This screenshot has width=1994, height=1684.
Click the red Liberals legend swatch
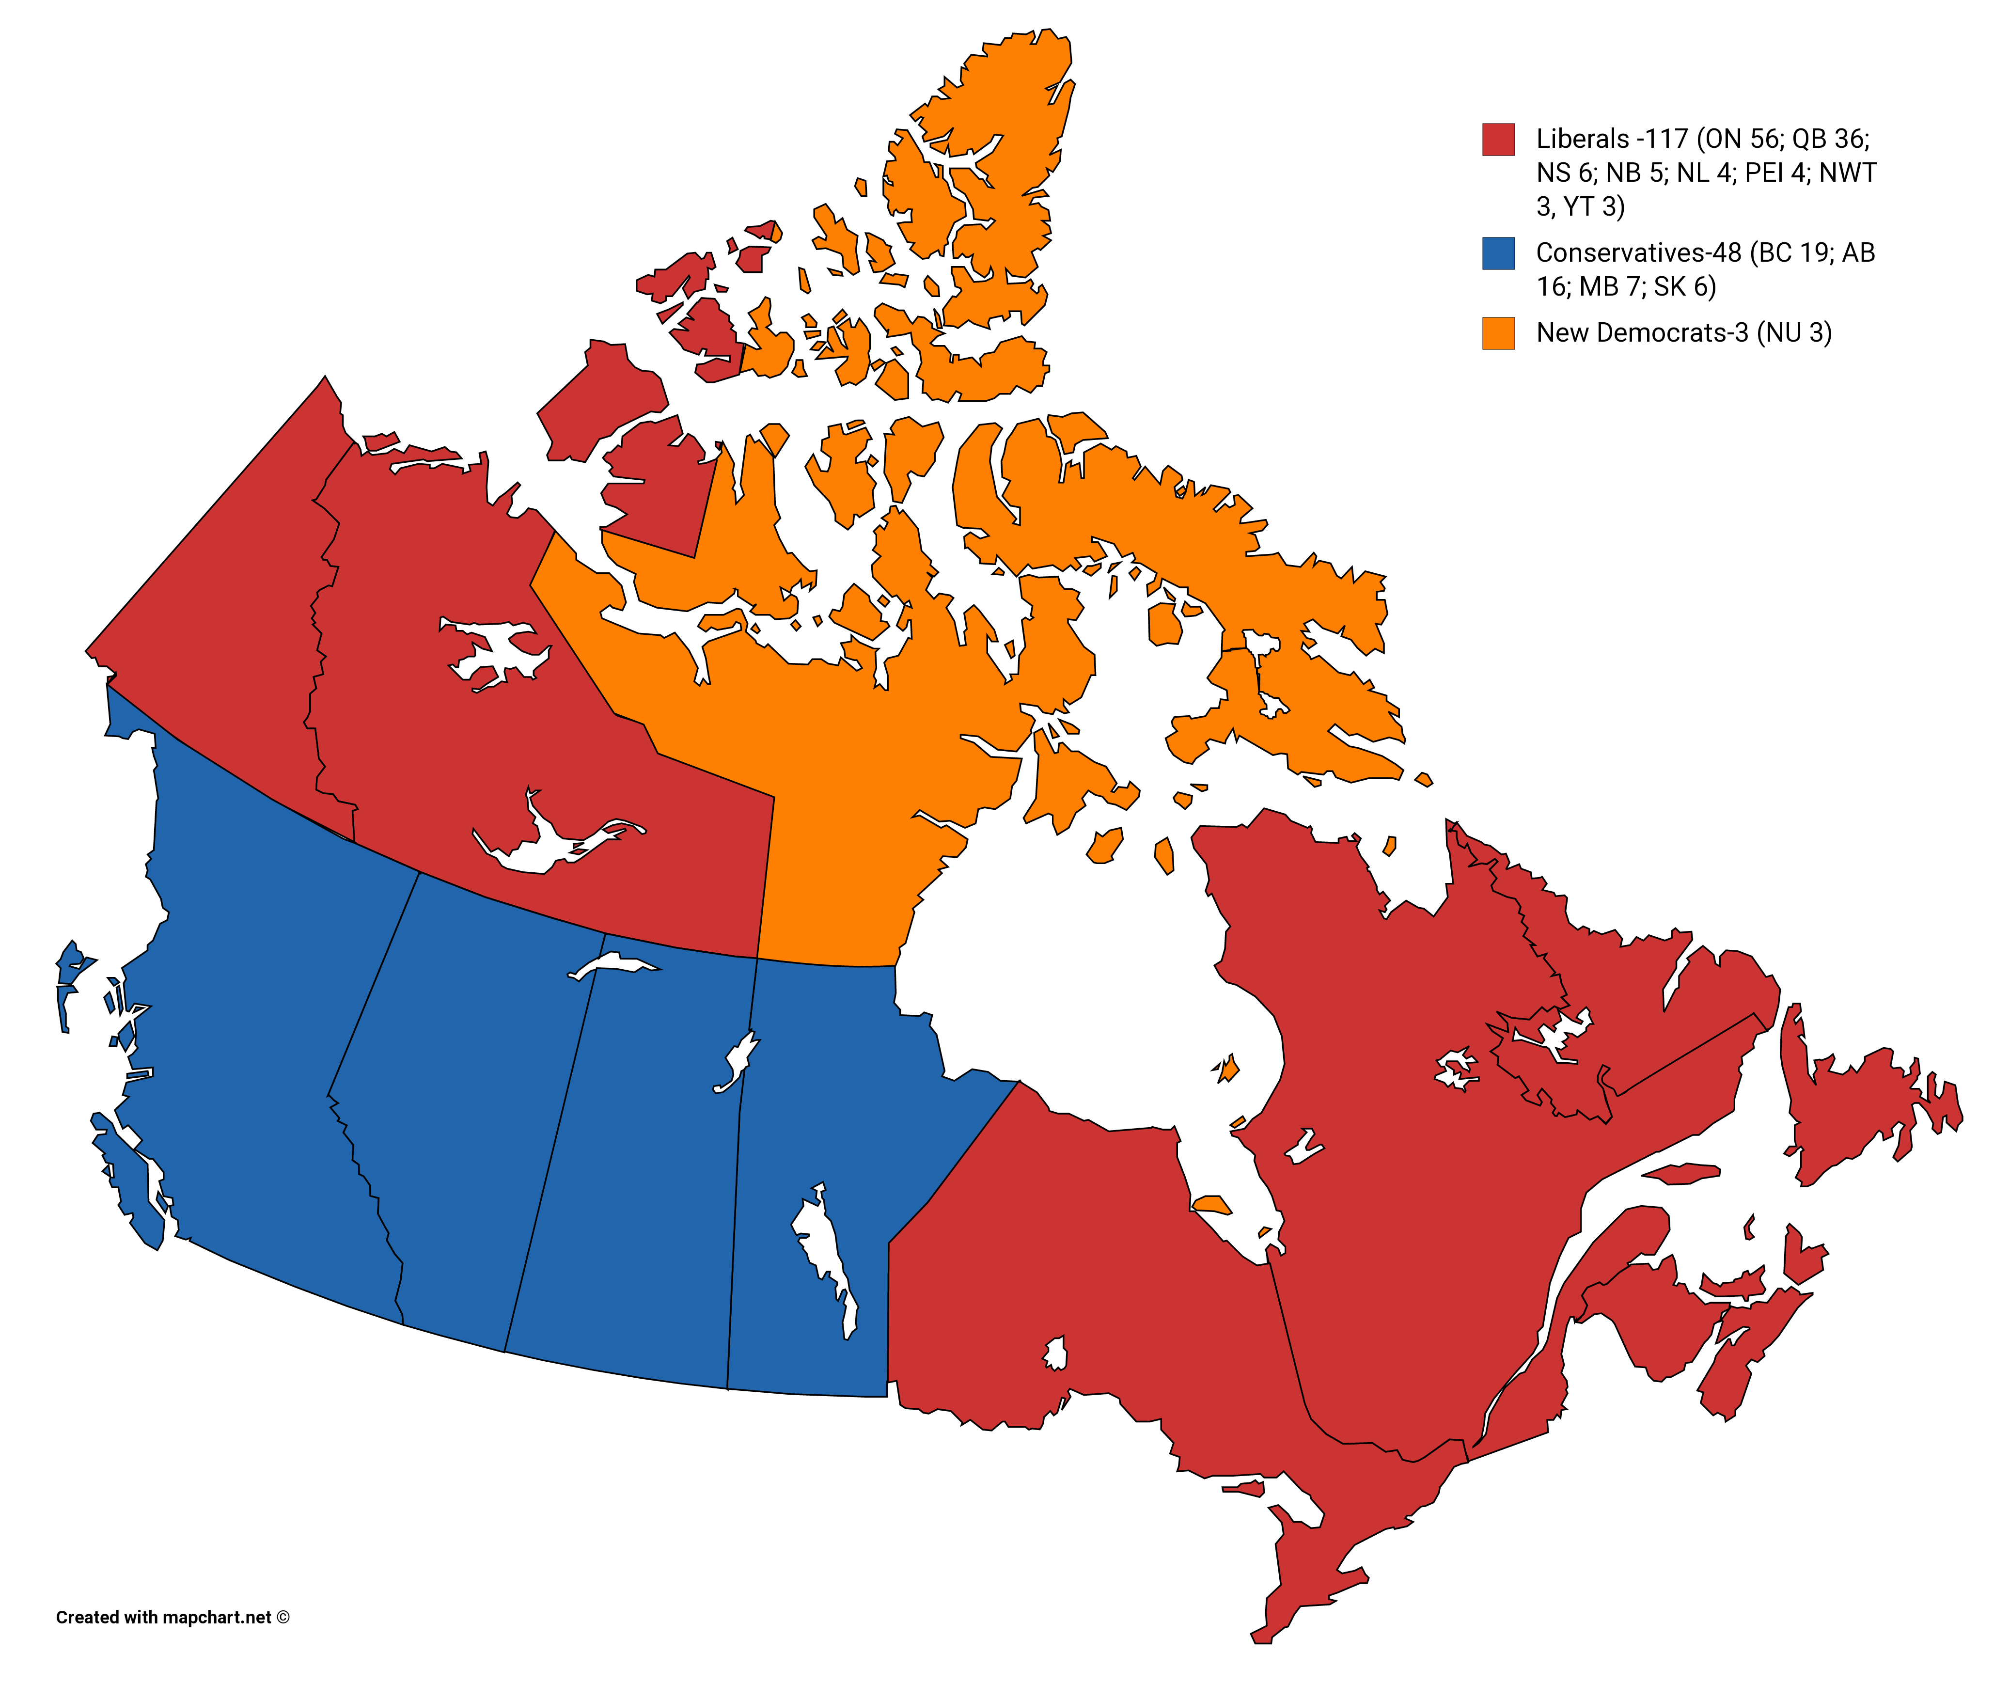[1498, 140]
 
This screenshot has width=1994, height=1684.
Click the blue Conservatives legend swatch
[1498, 253]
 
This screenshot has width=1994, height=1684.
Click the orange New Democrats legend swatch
[1498, 333]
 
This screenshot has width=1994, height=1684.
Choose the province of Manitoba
[821, 1098]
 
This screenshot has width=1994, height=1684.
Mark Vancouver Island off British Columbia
[129, 1184]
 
